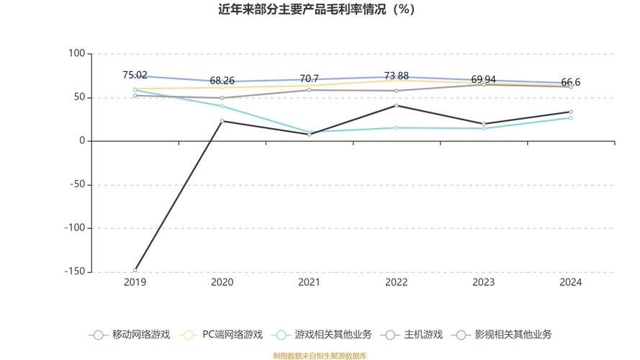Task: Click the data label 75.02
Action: pyautogui.click(x=135, y=75)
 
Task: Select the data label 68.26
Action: pyautogui.click(x=222, y=81)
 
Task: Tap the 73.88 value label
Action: pyautogui.click(x=396, y=76)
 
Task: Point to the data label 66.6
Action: pyautogui.click(x=571, y=82)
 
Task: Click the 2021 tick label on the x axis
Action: pyautogui.click(x=309, y=283)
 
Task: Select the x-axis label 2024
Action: pyautogui.click(x=571, y=283)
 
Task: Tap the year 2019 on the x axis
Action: pyautogui.click(x=135, y=283)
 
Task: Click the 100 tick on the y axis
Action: pyautogui.click(x=76, y=54)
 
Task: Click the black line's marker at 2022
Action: pyautogui.click(x=396, y=106)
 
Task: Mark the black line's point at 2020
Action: pyautogui.click(x=222, y=121)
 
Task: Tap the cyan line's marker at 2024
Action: pyautogui.click(x=571, y=117)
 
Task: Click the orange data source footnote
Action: pyautogui.click(x=320, y=356)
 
